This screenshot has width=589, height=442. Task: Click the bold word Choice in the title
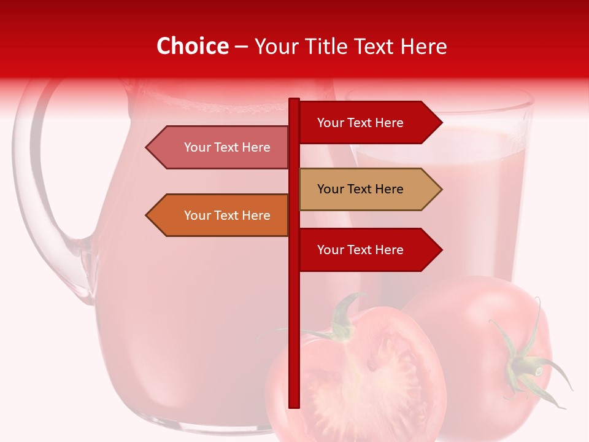(192, 46)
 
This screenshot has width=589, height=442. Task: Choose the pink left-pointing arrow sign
(221, 147)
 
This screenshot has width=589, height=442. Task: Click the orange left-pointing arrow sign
(221, 215)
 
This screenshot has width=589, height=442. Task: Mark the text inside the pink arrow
(227, 147)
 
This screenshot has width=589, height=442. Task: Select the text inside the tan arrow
(360, 189)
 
